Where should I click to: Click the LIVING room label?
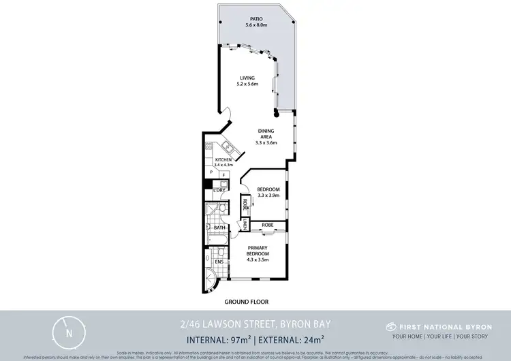click(246, 78)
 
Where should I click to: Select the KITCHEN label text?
click(223, 160)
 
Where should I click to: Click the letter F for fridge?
click(223, 174)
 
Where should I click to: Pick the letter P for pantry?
click(212, 174)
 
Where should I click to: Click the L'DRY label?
click(219, 189)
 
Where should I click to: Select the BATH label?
click(219, 227)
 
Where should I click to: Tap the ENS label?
click(219, 262)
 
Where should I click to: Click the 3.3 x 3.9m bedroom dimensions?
click(265, 195)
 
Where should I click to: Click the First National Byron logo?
click(390, 327)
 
